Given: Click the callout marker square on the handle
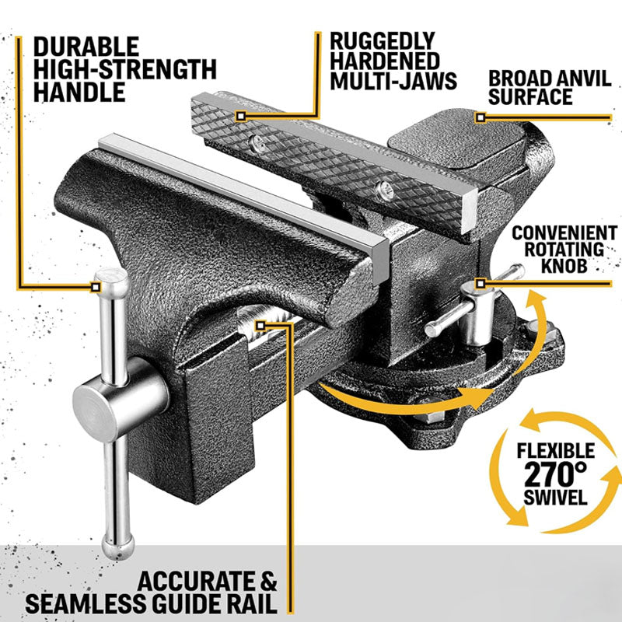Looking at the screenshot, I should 96,286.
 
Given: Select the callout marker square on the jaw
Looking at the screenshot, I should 241,116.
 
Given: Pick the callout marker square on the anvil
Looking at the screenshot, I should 481,117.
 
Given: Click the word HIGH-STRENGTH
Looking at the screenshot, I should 124,68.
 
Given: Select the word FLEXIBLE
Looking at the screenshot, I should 555,450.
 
